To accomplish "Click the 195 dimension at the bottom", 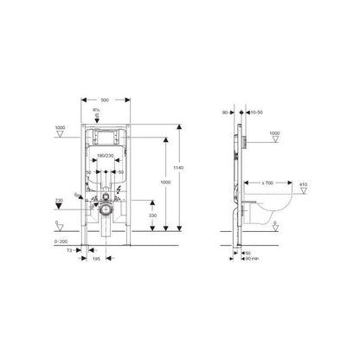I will point(99,258).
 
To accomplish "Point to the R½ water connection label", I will point(106,111).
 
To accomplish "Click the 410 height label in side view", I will point(302,183).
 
